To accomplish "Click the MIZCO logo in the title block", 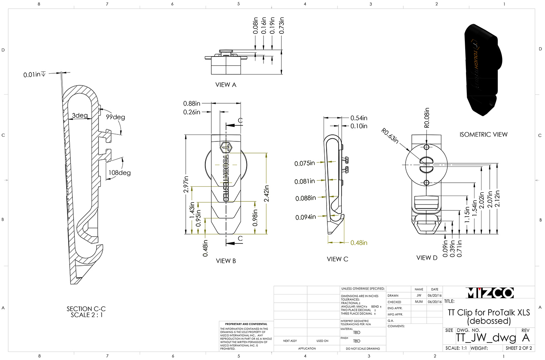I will point(489,293).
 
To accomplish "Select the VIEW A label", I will point(226,85).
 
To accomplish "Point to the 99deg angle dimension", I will point(116,117).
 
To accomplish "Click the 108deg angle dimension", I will point(120,173).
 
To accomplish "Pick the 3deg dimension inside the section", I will point(80,115).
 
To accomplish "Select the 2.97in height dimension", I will point(186,184).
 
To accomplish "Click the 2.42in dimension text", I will point(266,194).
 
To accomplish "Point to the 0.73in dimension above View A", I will point(281,25).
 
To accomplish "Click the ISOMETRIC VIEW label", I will point(483,134).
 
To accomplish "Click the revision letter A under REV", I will point(526,337).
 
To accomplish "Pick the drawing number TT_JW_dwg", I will point(486,338).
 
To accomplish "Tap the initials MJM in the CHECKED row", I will point(419,302).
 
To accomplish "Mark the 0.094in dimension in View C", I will point(306,217).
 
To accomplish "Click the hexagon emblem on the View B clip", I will point(226,148).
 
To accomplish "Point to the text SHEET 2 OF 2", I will point(519,348).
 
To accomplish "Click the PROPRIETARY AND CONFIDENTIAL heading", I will point(246,324).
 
